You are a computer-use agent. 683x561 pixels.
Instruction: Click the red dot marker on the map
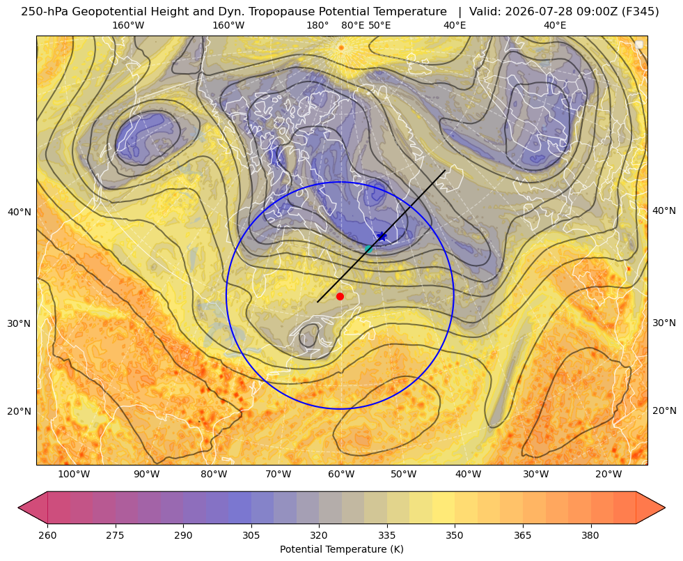click(x=340, y=296)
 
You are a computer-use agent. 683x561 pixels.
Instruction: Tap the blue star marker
click(x=382, y=237)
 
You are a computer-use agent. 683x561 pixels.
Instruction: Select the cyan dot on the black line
click(x=368, y=249)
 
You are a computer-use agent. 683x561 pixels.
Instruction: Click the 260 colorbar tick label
click(x=47, y=535)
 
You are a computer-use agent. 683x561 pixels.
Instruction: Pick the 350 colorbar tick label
click(x=455, y=535)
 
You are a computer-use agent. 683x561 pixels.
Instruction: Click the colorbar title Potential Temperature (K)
click(x=341, y=549)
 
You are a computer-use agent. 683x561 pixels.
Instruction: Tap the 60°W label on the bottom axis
click(x=341, y=475)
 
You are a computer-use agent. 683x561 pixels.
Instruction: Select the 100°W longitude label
click(x=74, y=475)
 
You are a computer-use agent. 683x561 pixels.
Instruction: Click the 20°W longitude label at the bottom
click(x=609, y=475)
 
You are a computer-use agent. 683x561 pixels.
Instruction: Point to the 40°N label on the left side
click(x=19, y=212)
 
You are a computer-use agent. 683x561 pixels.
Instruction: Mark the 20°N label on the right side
click(x=664, y=410)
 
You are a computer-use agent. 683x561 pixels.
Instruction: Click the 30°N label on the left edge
click(x=19, y=323)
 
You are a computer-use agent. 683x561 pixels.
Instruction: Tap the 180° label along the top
click(x=317, y=25)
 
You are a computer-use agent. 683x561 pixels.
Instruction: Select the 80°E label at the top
click(x=353, y=25)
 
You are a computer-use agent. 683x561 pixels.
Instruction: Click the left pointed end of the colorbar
click(x=19, y=507)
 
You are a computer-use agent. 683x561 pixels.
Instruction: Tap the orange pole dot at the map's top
click(x=341, y=47)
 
